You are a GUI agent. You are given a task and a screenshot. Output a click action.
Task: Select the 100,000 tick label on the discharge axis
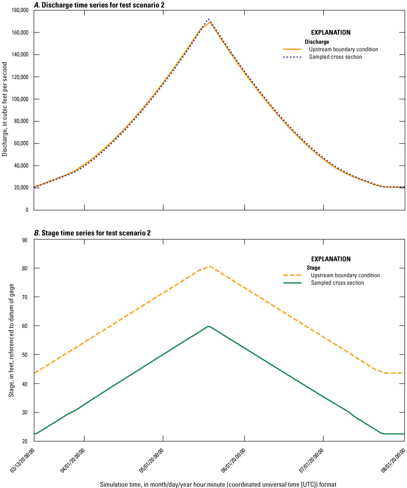tap(19, 99)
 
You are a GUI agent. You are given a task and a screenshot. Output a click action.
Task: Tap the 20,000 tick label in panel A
tap(20, 188)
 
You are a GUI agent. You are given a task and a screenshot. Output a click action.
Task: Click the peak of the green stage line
tap(208, 326)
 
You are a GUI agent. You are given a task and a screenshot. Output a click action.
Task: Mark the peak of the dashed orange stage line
tap(209, 266)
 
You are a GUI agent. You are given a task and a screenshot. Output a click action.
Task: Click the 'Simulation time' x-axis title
tap(218, 484)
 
